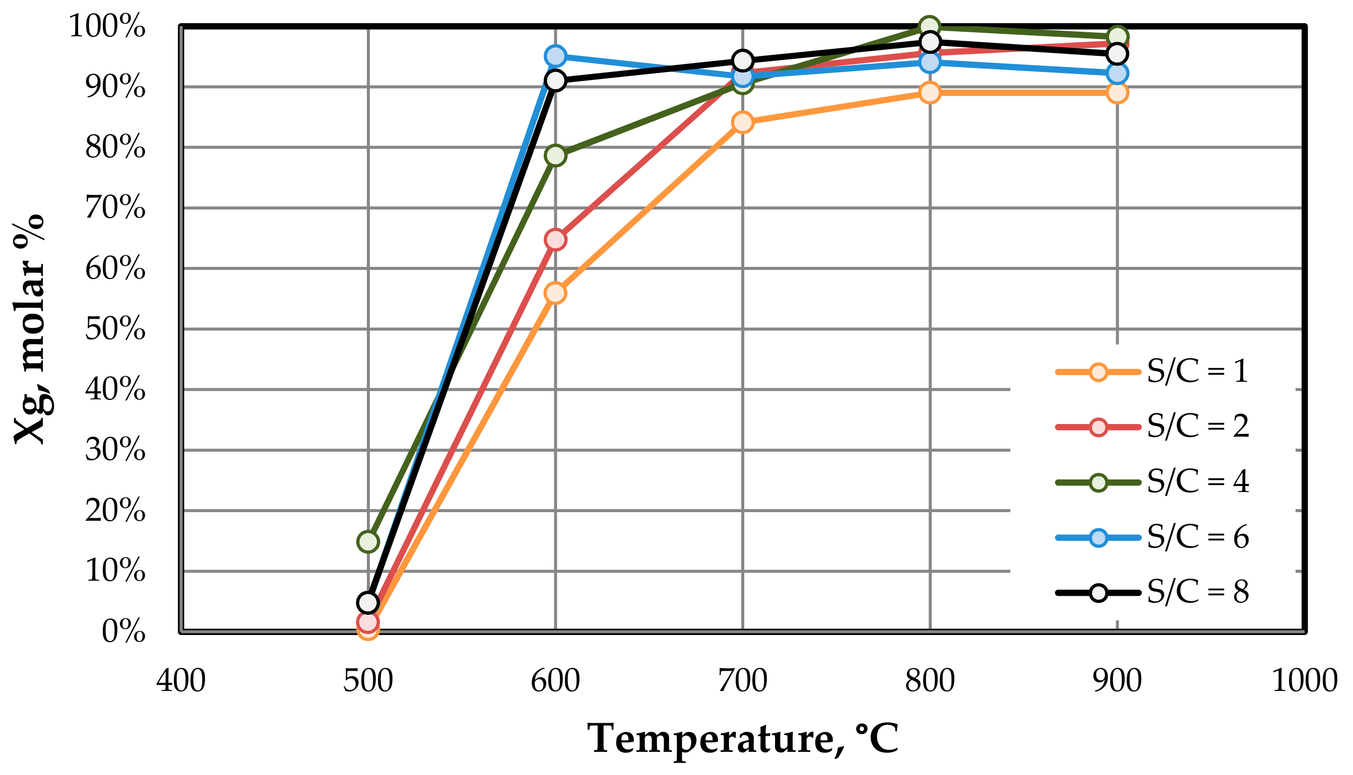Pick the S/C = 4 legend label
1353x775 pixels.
pyautogui.click(x=1196, y=482)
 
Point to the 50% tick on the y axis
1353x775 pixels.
pyautogui.click(x=115, y=329)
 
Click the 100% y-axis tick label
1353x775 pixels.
pyautogui.click(x=107, y=26)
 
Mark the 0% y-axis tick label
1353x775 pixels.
pyautogui.click(x=123, y=632)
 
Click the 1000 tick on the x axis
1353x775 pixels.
pyautogui.click(x=1304, y=681)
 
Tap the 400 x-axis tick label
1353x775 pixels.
pyautogui.click(x=181, y=681)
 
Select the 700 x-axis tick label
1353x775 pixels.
pyautogui.click(x=742, y=681)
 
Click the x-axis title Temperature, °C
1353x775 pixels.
pyautogui.click(x=742, y=739)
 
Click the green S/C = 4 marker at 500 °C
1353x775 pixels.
pyautogui.click(x=368, y=541)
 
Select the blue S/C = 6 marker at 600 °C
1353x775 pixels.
pyautogui.click(x=555, y=55)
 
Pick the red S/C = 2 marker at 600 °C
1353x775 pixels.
pyautogui.click(x=555, y=240)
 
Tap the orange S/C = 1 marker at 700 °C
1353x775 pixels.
pyautogui.click(x=742, y=122)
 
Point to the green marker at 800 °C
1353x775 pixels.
pyautogui.click(x=930, y=26)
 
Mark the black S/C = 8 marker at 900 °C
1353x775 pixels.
pyautogui.click(x=1117, y=54)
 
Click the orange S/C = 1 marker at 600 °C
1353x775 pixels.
pyautogui.click(x=555, y=293)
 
